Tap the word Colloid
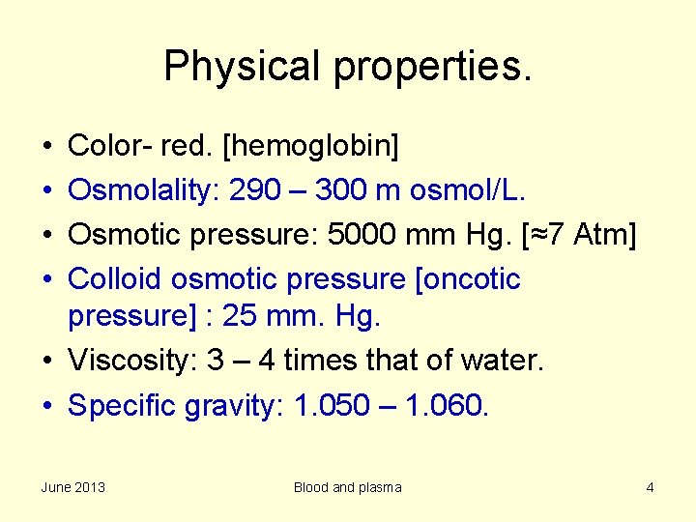(115, 279)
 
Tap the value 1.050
(331, 405)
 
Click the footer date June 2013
(73, 487)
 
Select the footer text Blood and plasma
(348, 487)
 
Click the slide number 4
(651, 487)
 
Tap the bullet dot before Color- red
(47, 148)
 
